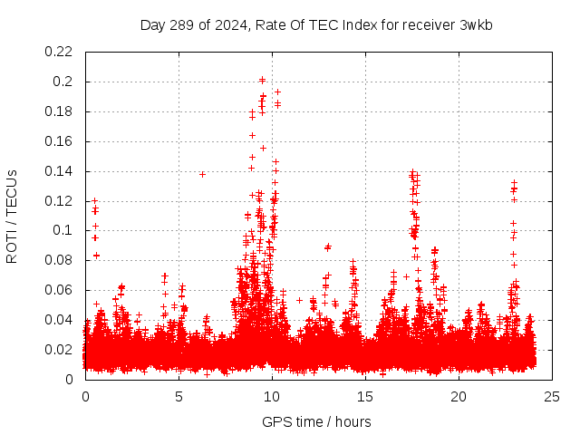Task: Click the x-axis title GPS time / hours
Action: (316, 421)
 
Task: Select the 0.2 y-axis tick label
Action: (64, 82)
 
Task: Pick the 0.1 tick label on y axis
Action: (64, 230)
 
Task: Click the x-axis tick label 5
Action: (179, 396)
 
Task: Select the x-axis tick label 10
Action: (272, 396)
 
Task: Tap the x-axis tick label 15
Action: (365, 396)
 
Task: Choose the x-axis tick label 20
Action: (459, 396)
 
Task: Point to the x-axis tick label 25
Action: (552, 396)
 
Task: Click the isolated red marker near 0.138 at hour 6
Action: (202, 174)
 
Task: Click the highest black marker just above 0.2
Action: (262, 80)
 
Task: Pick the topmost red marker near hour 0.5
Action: (94, 200)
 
